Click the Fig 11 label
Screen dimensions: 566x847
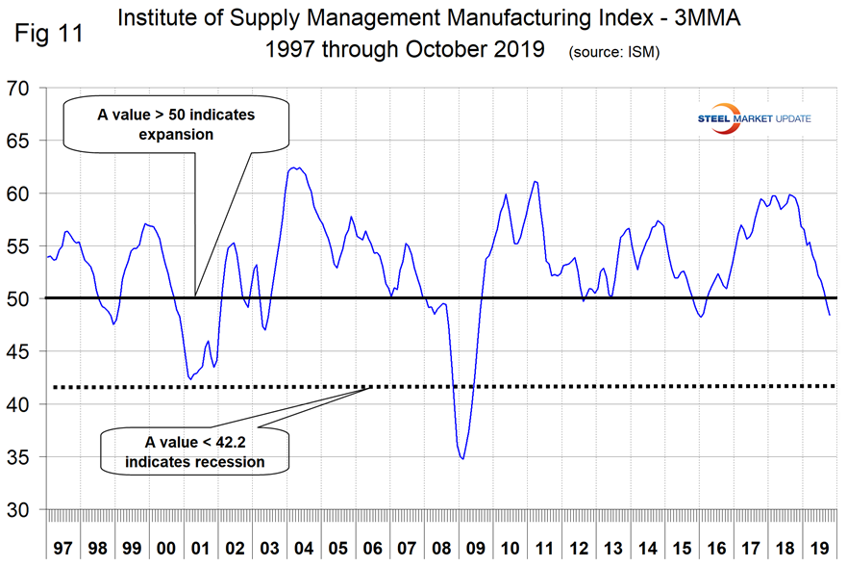[48, 33]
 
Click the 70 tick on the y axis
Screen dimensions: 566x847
[19, 89]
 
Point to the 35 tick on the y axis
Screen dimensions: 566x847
[19, 457]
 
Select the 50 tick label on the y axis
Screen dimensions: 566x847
[19, 299]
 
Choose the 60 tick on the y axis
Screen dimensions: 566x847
[19, 194]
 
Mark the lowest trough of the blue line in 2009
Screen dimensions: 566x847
[463, 459]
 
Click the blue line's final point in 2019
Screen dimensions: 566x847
[829, 315]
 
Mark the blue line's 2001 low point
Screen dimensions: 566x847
[190, 379]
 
